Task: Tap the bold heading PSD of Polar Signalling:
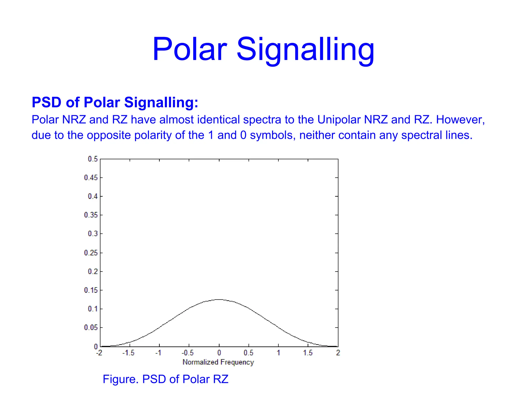(115, 102)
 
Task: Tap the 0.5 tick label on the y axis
(93, 159)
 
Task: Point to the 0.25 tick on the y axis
(91, 253)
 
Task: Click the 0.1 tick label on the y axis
(93, 309)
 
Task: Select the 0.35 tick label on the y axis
(91, 215)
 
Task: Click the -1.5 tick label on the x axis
(128, 353)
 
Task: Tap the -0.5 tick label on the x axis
(188, 353)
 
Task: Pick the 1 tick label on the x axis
(278, 353)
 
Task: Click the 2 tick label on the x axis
(338, 353)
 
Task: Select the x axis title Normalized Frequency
(218, 362)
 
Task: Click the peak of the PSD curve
(219, 299)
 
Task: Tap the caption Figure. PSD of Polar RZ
(165, 379)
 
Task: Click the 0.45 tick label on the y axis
(91, 178)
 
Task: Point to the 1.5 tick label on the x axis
(308, 353)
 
